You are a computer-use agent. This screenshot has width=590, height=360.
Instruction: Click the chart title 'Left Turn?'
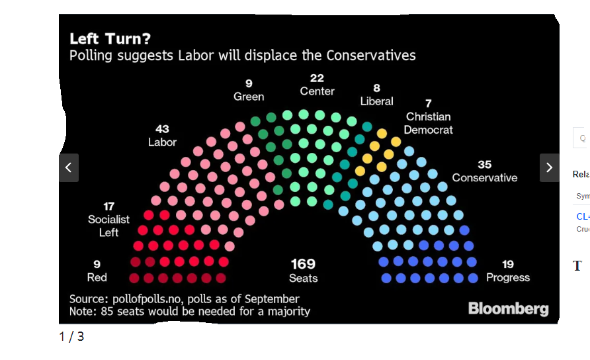pyautogui.click(x=105, y=38)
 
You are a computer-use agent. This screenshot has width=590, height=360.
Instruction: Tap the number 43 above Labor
pyautogui.click(x=162, y=129)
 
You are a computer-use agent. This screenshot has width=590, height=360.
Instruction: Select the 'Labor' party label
pyautogui.click(x=162, y=142)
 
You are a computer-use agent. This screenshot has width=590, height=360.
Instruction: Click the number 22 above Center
pyautogui.click(x=317, y=78)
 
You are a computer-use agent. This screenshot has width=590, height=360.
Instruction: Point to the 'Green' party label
pyautogui.click(x=249, y=97)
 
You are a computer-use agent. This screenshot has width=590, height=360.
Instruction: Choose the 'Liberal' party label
pyautogui.click(x=376, y=101)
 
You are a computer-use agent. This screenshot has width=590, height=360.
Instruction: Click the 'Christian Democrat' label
pyautogui.click(x=429, y=123)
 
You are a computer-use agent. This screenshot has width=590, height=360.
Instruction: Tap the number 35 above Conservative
pyautogui.click(x=484, y=164)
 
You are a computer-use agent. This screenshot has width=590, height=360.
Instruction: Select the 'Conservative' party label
pyautogui.click(x=484, y=177)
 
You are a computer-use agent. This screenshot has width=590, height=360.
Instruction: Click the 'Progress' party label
pyautogui.click(x=508, y=277)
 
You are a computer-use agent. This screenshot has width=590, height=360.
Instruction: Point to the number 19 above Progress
pyautogui.click(x=507, y=265)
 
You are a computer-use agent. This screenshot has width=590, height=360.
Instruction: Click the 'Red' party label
pyautogui.click(x=97, y=277)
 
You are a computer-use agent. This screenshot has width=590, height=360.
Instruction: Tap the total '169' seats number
pyautogui.click(x=303, y=264)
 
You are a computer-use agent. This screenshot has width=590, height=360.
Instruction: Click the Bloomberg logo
pyautogui.click(x=508, y=308)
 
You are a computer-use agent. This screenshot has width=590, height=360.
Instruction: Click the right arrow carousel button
pyautogui.click(x=550, y=168)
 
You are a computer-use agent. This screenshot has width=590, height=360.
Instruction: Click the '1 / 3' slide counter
pyautogui.click(x=71, y=336)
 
